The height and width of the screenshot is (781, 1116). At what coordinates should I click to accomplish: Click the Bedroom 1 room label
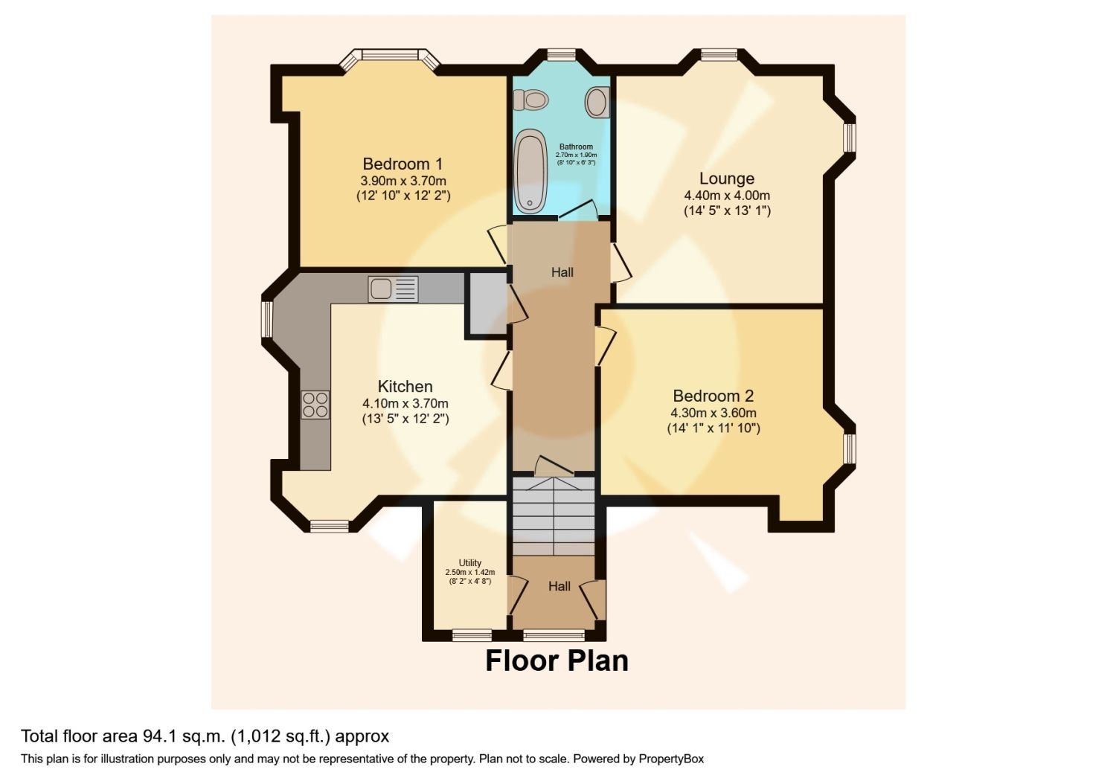point(403,164)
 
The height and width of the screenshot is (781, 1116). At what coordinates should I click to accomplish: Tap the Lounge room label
point(726,179)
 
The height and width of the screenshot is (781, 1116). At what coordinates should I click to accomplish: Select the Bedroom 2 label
point(713,396)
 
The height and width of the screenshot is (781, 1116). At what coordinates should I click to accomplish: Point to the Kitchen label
point(405,387)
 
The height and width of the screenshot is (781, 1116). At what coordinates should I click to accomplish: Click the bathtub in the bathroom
point(531,171)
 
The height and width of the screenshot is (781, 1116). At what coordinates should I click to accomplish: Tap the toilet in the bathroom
point(530,100)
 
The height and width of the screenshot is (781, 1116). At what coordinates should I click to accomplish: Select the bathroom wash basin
point(597,102)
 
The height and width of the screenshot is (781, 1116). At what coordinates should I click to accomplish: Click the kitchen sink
point(393,289)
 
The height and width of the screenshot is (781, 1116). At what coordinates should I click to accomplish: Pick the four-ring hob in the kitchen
point(315,405)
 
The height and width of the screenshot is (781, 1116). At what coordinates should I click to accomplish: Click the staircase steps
point(554,516)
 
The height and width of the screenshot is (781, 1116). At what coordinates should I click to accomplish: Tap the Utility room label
point(469,563)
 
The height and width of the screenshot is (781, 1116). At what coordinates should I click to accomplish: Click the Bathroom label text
point(576,147)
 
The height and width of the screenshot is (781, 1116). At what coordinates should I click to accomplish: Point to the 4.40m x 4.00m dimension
point(727,195)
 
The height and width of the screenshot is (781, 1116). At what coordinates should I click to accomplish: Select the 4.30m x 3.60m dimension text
point(713,413)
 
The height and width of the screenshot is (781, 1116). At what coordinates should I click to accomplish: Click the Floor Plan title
point(557,661)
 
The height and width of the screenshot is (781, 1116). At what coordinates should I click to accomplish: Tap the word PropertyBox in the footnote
point(671,759)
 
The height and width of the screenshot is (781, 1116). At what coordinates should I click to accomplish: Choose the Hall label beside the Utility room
point(559,587)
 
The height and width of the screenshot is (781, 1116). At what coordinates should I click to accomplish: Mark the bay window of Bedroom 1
point(390,59)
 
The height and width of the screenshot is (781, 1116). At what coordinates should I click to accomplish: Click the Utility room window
point(472,635)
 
